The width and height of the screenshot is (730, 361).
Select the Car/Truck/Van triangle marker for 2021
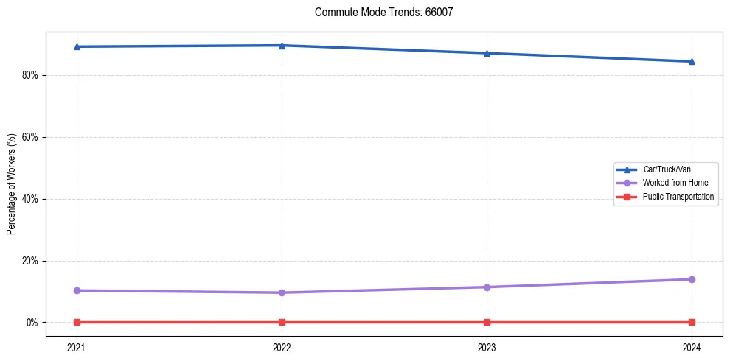[x=77, y=46]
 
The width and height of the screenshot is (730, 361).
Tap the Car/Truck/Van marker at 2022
[x=282, y=45]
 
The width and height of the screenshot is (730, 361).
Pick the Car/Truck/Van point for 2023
[x=487, y=53]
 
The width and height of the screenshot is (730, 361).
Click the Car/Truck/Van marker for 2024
[x=692, y=61]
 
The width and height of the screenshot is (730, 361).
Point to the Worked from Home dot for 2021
[x=77, y=290]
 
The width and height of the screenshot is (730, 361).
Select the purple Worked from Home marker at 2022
[x=282, y=292]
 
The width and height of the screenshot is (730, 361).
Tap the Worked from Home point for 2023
[x=487, y=287]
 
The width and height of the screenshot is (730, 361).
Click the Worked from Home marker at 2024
[x=692, y=279]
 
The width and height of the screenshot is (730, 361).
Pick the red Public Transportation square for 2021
[x=77, y=322]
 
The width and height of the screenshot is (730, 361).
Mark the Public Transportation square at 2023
[x=487, y=322]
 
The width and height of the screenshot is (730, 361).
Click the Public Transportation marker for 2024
[x=692, y=322]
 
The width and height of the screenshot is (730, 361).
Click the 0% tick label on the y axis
[x=33, y=323]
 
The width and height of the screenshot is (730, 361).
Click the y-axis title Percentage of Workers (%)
[x=11, y=184]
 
